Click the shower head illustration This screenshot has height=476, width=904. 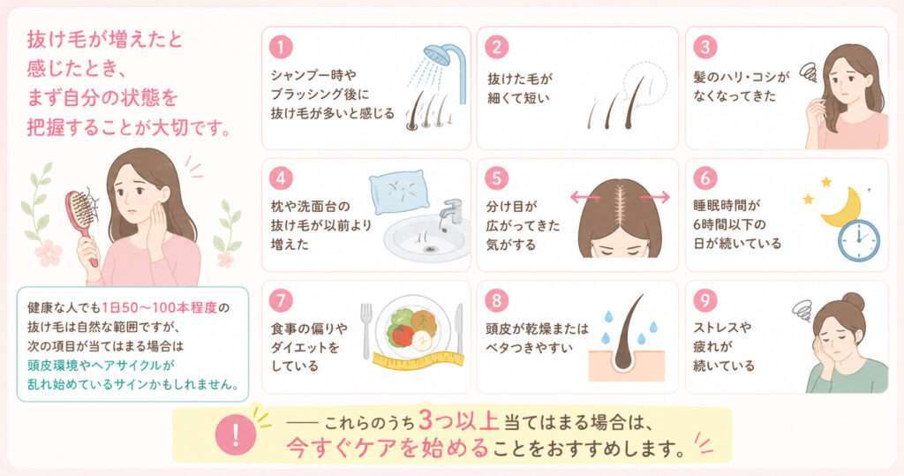click(440, 57)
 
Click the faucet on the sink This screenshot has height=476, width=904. click(450, 212)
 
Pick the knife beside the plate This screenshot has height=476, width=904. click(459, 327)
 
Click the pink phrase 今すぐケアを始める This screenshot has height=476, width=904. click(388, 448)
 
